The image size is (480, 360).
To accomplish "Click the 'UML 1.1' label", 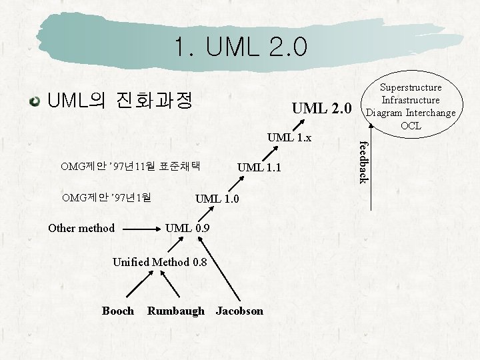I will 259,167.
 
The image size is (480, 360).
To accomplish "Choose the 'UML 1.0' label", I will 217,198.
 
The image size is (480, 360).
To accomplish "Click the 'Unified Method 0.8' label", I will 160,262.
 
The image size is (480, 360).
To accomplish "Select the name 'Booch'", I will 118,311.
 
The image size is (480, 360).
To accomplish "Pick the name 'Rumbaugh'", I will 176,311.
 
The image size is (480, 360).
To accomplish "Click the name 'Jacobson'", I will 239,311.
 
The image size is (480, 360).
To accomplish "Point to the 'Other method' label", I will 81,228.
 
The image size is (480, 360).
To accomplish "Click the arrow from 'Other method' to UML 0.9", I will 140,229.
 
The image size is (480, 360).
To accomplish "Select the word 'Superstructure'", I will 411,87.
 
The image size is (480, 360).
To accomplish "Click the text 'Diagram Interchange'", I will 411,112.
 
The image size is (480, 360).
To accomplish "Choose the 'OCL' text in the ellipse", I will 411,125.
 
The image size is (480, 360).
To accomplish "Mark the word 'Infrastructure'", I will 411,100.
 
